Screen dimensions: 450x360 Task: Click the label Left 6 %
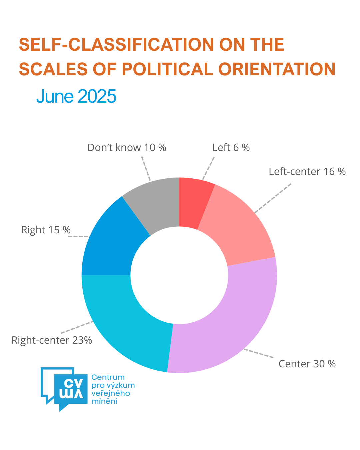coord(231,148)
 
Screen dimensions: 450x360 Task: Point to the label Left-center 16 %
coord(307,172)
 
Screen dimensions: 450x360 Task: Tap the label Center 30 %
coord(307,364)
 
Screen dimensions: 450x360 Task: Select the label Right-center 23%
coord(52,340)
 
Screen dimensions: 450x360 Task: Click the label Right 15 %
coord(46,230)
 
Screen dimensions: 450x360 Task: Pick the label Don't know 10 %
coord(127,148)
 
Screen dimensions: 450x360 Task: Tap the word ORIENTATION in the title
coord(277,69)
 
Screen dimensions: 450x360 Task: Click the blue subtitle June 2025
coord(76,96)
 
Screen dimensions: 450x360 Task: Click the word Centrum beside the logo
coord(108,377)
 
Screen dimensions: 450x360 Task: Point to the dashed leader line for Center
coord(259,354)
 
